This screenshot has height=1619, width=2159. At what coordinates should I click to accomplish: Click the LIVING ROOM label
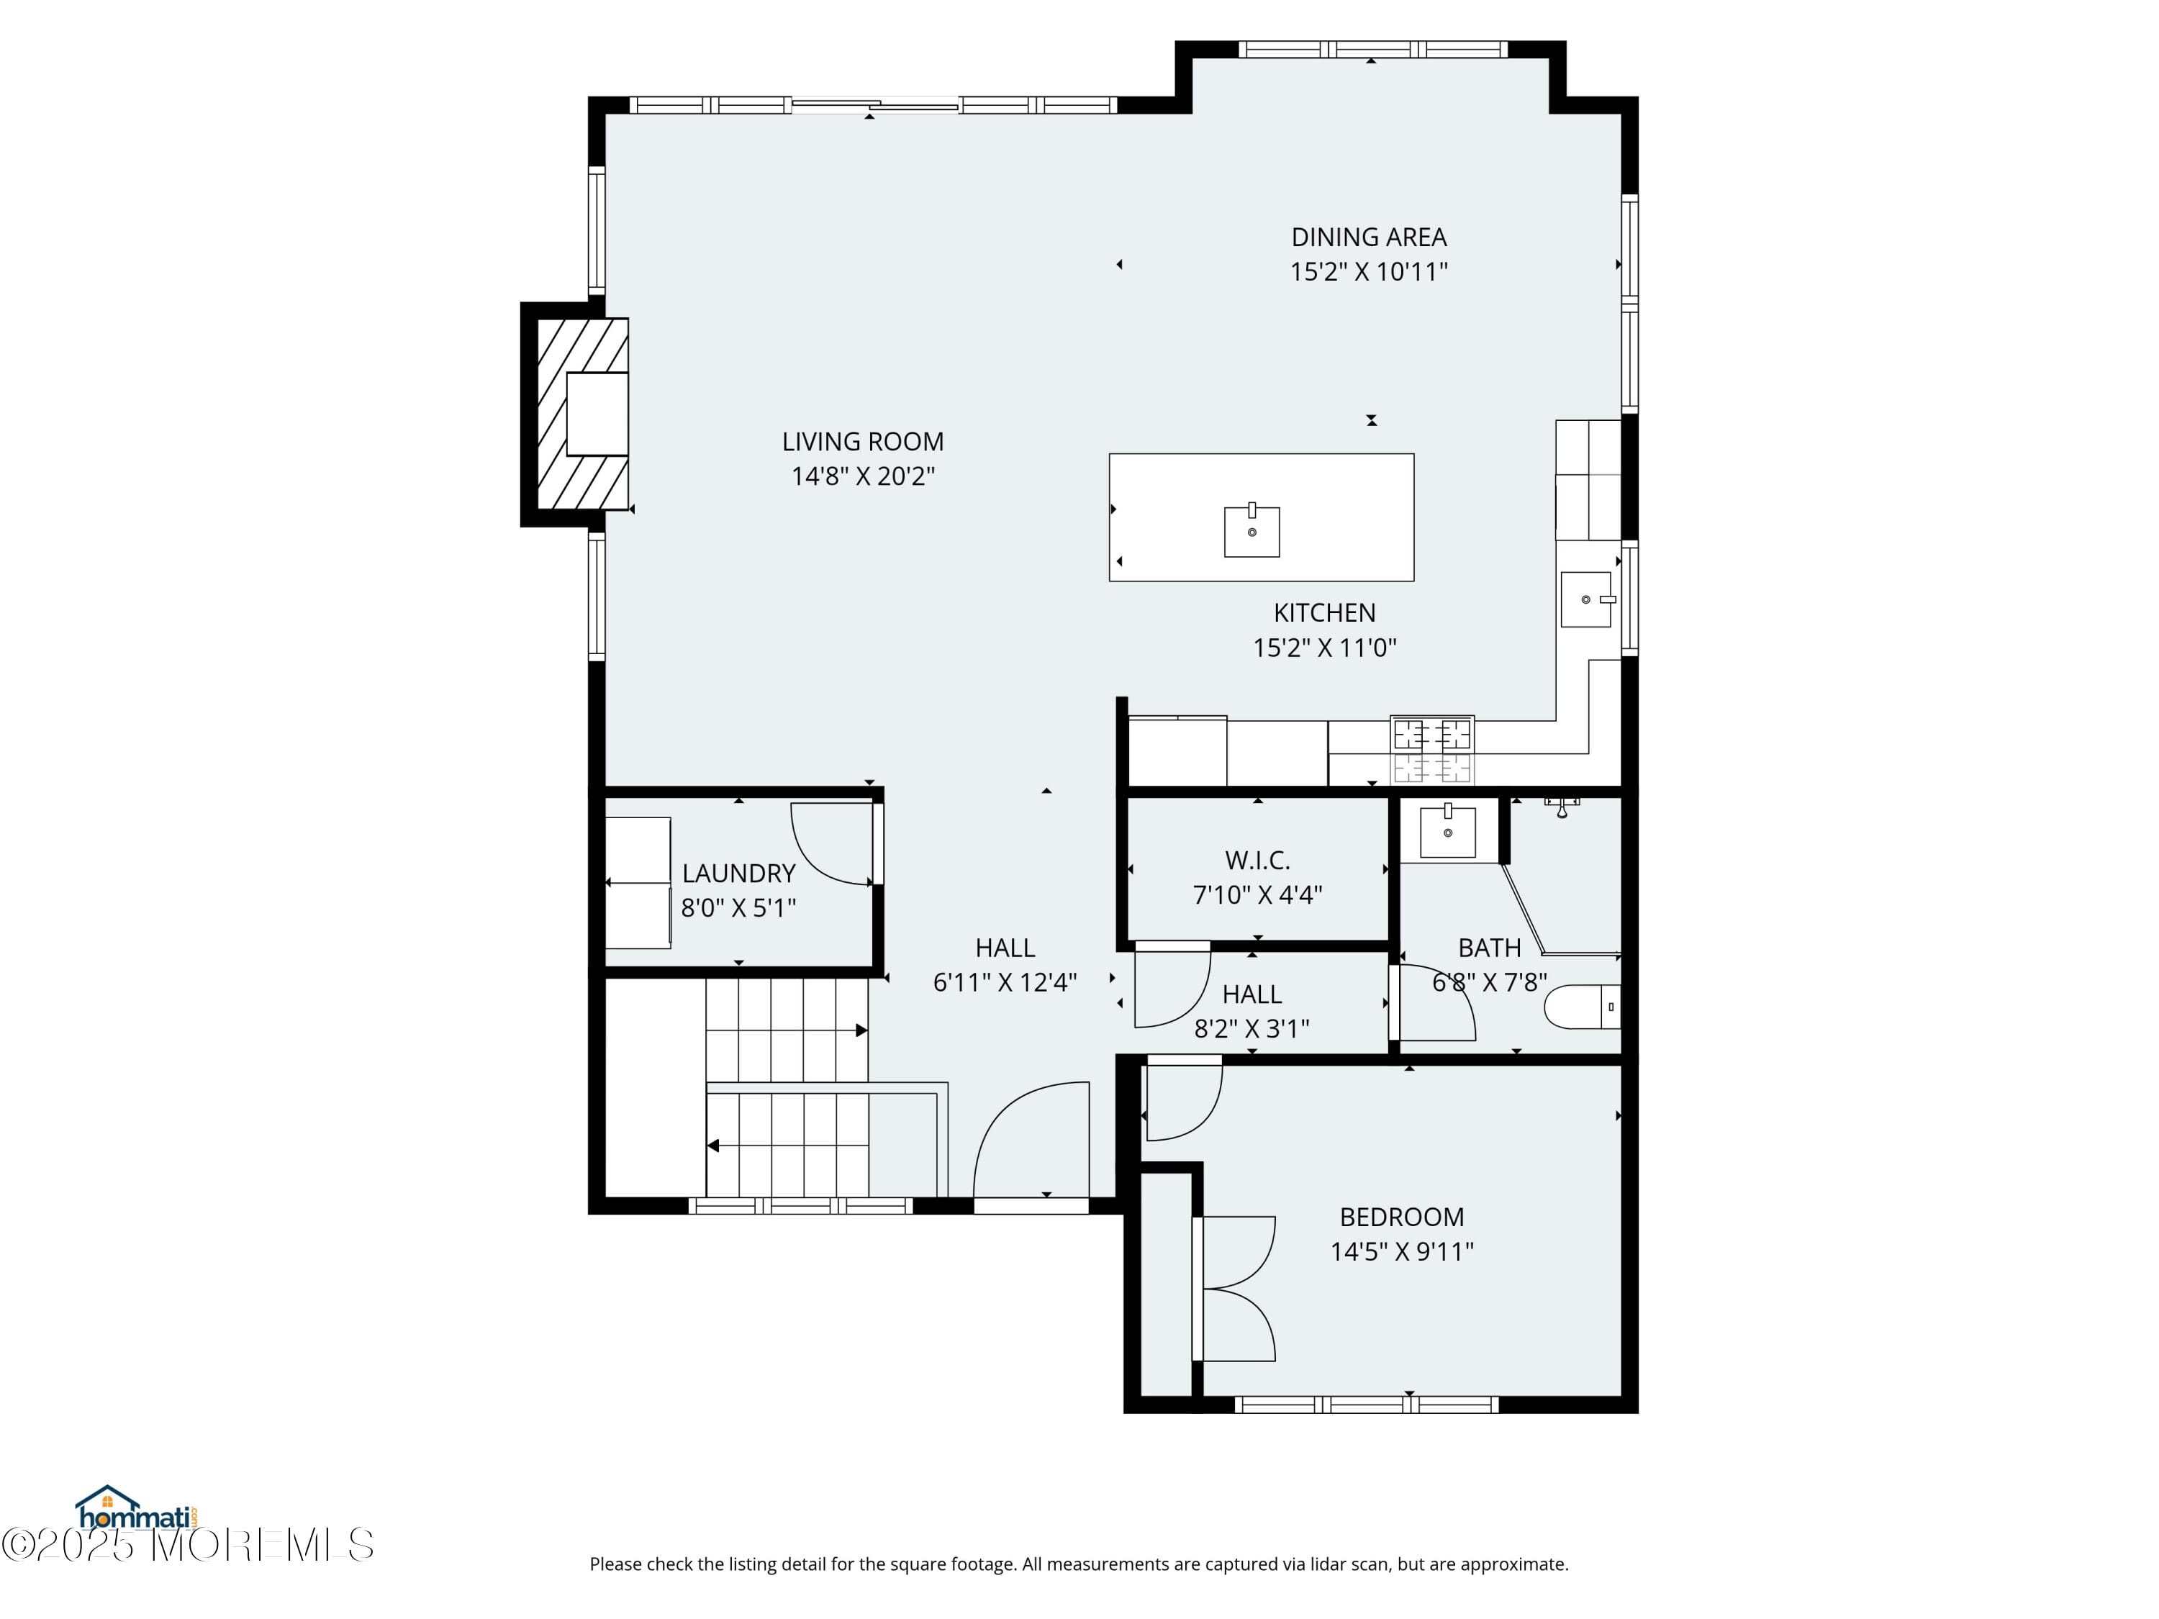862,442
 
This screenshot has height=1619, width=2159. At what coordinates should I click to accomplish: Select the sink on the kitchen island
1252,532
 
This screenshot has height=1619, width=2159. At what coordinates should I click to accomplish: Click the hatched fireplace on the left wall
581,414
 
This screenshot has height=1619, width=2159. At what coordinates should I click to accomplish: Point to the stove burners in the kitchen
1432,750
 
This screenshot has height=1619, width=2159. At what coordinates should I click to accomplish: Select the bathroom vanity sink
1447,833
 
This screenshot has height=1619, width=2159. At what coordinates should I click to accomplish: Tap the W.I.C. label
1257,861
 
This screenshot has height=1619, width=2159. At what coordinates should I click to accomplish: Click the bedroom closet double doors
1236,1288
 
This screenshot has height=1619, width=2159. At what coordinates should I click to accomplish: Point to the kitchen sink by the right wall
1585,599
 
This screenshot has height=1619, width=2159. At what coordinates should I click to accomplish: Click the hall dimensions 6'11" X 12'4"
1005,983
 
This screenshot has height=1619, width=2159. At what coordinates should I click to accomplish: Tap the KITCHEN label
1324,613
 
